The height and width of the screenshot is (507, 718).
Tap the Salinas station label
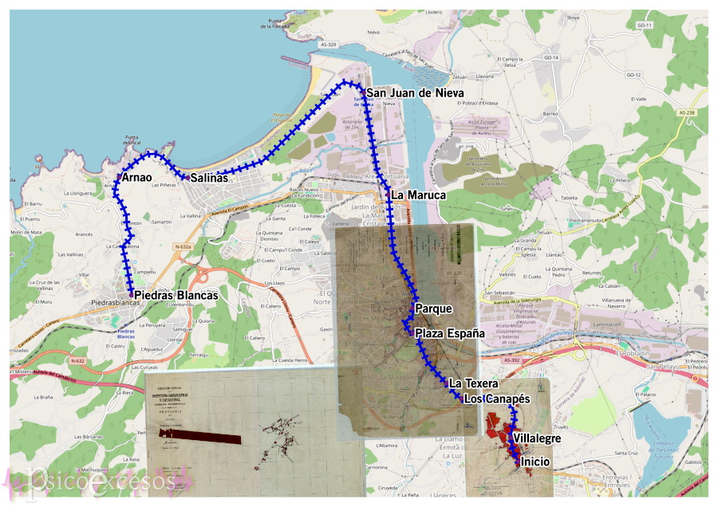pos(208,179)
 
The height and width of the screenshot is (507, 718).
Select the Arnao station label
pos(137,177)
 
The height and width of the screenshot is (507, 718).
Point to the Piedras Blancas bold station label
pos(176,295)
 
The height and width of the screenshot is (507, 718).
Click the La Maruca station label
pos(419,195)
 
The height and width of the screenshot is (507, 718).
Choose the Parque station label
pos(433,309)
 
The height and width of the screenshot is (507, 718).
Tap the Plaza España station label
pos(450,333)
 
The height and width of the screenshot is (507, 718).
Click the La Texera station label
pos(473,383)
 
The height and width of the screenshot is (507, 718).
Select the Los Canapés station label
pos(497,399)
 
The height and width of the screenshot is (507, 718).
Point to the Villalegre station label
pos(537,438)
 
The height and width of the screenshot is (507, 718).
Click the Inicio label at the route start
pos(535,461)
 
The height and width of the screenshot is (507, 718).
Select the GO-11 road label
pos(645,26)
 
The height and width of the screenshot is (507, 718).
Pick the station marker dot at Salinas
pos(187,177)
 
